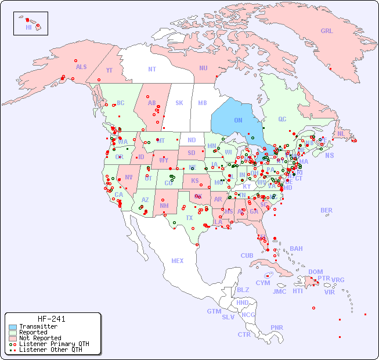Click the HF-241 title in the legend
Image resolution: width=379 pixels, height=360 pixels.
pos(52,319)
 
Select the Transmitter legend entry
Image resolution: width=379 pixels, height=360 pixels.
pos(38,327)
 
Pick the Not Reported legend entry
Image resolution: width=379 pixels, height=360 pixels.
pos(39,338)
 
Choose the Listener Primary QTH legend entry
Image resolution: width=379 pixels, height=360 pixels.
pos(53,344)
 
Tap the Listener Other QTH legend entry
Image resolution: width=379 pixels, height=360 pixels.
pos(50,350)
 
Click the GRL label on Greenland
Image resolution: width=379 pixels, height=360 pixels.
pos(327,31)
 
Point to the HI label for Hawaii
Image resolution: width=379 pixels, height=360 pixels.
pos(28,27)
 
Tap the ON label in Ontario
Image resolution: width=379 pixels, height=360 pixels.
pos(238,121)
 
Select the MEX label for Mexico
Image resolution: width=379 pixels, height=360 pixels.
pos(178,261)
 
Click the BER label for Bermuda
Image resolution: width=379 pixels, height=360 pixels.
pos(327,210)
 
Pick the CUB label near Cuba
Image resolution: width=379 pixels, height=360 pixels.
pos(247,256)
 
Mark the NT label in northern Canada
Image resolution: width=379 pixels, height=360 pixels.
pos(151,69)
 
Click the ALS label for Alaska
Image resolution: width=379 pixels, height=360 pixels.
pos(81,67)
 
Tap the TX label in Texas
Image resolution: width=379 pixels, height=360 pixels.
pos(189,218)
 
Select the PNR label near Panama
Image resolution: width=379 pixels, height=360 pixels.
pos(277,327)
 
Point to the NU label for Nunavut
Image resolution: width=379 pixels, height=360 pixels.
pos(203,68)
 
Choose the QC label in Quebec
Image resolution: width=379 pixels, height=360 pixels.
pos(282,120)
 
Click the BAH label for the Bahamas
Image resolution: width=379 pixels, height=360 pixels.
pos(296,249)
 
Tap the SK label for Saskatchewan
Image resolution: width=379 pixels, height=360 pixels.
pos(179,103)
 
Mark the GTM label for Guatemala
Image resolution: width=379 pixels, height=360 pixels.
pos(214,311)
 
